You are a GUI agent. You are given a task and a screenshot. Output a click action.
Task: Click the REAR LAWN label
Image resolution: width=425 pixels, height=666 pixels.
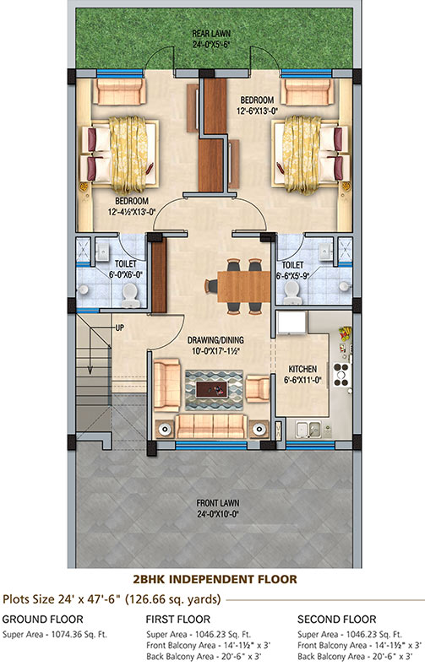tap(211, 34)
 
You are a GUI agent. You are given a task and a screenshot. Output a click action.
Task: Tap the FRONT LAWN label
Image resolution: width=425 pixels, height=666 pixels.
tap(218, 503)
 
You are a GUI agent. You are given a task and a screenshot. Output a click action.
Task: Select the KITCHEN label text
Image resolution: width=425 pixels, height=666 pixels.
tap(302, 369)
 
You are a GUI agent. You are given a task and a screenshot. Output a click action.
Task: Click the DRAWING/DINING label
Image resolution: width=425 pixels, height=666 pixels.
tap(215, 340)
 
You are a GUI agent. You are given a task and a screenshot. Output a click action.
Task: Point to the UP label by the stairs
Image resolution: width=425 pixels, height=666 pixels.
tap(120, 328)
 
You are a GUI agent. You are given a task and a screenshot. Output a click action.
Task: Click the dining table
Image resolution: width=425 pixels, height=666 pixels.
tap(243, 286)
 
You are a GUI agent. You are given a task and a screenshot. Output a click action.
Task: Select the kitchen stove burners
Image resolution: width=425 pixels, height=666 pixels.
tap(341, 374)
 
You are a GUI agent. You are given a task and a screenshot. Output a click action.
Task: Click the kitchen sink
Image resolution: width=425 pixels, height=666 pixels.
tap(309, 430)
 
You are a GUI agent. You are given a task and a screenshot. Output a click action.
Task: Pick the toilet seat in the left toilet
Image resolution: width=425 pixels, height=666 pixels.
tap(129, 295)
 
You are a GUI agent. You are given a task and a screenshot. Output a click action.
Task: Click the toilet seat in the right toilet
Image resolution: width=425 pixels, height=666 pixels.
tap(292, 291)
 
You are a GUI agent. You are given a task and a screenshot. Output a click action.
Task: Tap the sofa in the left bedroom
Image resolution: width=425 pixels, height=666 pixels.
tap(119, 91)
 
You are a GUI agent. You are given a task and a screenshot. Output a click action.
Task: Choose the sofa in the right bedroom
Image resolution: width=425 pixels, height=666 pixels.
tap(309, 91)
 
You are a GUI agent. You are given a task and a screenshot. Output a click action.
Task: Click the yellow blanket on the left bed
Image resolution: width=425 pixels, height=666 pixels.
tap(128, 154)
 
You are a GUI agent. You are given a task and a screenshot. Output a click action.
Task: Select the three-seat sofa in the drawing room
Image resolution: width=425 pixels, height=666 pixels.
tap(211, 426)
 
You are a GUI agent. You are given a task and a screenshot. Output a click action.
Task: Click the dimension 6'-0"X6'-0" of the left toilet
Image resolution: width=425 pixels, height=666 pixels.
tap(125, 275)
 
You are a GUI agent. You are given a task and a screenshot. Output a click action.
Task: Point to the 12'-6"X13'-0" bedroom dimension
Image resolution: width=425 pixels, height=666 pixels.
tap(257, 111)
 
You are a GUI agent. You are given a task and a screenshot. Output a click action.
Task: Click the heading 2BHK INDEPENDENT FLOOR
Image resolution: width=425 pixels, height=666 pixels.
tap(215, 579)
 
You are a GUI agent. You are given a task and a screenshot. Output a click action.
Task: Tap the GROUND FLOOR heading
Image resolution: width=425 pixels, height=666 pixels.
tap(42, 619)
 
